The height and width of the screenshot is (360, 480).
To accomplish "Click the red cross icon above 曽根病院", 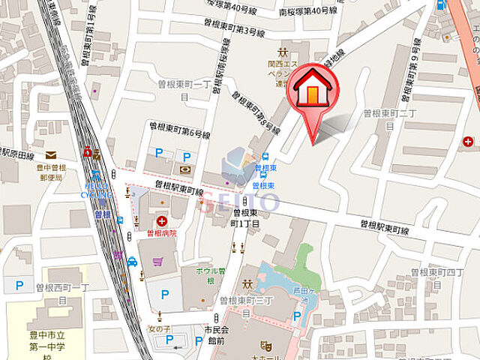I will (x=163, y=220).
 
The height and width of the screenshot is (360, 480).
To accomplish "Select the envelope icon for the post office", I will (x=49, y=154).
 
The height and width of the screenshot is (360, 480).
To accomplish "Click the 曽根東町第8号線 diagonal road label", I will (x=250, y=110).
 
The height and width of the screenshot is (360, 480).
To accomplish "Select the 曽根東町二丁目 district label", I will (x=388, y=118).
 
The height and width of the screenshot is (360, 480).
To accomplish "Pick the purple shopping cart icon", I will (x=157, y=262).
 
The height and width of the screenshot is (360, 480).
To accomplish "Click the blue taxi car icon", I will (x=132, y=262).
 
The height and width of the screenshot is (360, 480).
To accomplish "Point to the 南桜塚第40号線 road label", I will (x=307, y=11).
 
